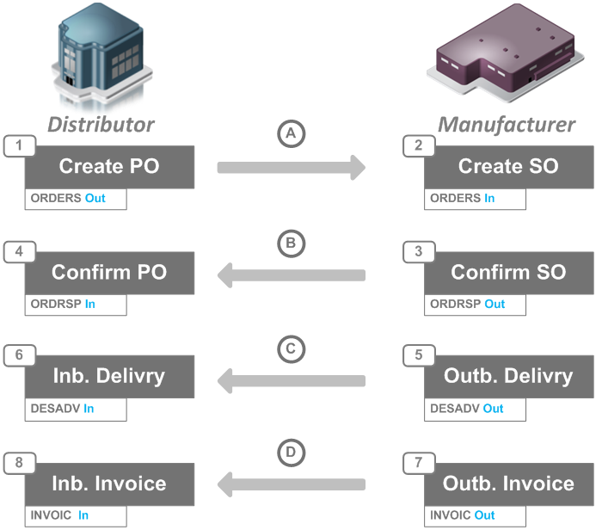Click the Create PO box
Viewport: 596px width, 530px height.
tap(109, 167)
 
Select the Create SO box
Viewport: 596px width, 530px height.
tap(508, 167)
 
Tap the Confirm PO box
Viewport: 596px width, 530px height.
tap(109, 272)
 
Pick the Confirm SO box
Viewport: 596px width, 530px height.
tap(508, 272)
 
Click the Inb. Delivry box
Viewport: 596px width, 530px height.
tap(109, 377)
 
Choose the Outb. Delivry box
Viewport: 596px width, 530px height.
tap(508, 377)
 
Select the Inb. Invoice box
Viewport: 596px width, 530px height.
tap(109, 483)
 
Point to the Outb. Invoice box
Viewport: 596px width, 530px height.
tap(508, 483)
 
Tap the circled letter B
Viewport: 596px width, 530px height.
tap(291, 244)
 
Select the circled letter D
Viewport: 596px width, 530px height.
tap(291, 453)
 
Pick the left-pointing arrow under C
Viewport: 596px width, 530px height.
tap(291, 379)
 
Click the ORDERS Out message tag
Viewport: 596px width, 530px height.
tap(76, 199)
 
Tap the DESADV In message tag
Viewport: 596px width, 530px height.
tap(76, 409)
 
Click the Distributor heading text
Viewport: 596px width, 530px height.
tap(101, 124)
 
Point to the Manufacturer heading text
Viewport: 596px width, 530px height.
tap(507, 125)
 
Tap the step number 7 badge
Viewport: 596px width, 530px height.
tap(418, 462)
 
